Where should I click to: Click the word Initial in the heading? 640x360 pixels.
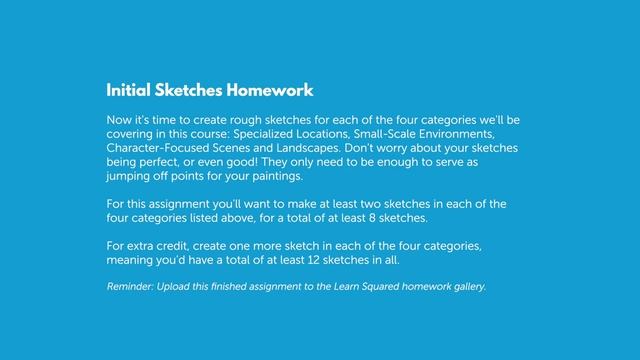[x=128, y=91]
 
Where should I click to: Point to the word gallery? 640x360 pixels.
[x=466, y=287]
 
